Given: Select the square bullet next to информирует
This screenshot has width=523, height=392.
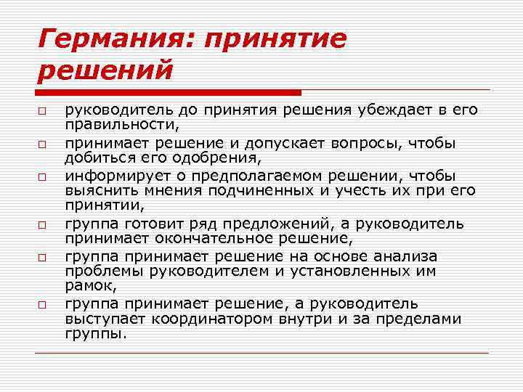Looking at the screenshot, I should [44, 177].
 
